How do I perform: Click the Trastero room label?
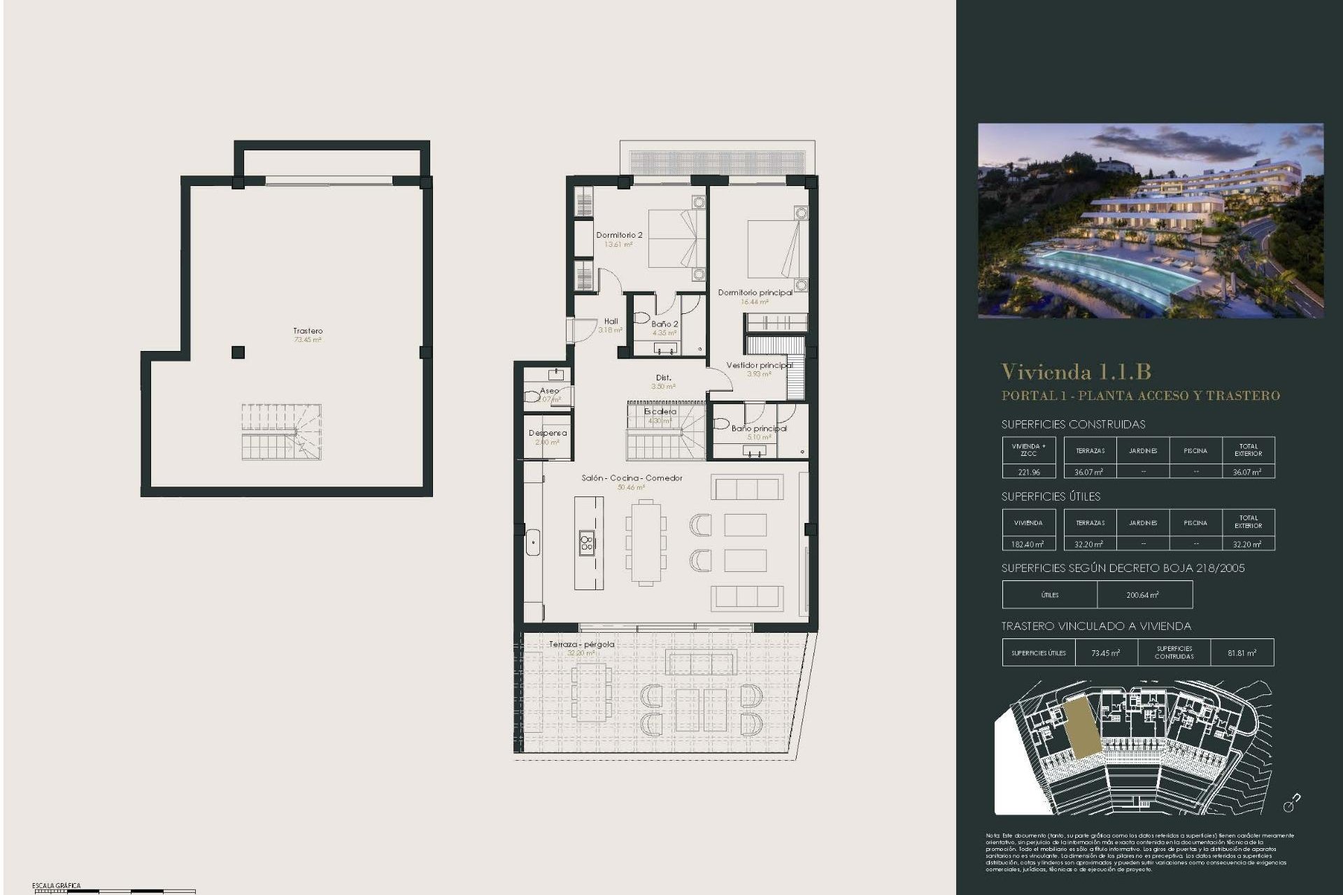pos(308,331)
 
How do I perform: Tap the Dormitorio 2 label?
pos(619,235)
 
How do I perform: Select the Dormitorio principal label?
pos(755,292)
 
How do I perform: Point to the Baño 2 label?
pos(665,324)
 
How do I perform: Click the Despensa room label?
pos(548,433)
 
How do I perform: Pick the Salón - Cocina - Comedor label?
pos(632,478)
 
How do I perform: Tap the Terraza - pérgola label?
pos(581,644)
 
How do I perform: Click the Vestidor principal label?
pos(759,365)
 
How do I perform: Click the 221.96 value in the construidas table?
pos(1028,472)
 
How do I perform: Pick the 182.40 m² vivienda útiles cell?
pos(1028,544)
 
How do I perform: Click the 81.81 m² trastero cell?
pos(1242,652)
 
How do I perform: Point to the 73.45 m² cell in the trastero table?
pos(1105,652)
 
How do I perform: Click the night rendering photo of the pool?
pos(1150,221)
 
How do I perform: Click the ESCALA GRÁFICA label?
pos(56,886)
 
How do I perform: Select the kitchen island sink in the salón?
pos(587,543)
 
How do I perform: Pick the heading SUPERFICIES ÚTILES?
pos(1051,496)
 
